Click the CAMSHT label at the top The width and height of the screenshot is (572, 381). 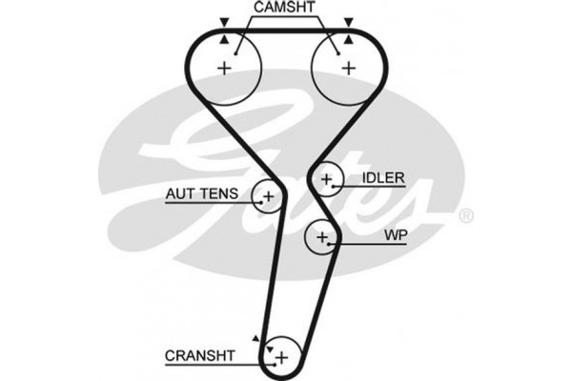coord(285,9)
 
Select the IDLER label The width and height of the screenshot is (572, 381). coord(383,178)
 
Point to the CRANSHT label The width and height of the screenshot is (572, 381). coord(199,356)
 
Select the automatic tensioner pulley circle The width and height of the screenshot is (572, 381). coord(267,196)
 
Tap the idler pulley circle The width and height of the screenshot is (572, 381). coord(327,179)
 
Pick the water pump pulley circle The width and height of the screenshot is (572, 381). coord(322,235)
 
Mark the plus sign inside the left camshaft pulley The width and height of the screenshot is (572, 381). coord(225,68)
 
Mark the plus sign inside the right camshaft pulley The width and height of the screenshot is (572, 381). coord(348,68)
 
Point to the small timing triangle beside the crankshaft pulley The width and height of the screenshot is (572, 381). coord(255,338)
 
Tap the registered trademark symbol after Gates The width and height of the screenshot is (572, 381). coord(465,217)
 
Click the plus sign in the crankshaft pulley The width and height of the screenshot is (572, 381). coord(281,356)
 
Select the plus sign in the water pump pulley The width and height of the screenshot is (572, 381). coord(322,235)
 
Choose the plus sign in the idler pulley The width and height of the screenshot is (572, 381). coord(327,179)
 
